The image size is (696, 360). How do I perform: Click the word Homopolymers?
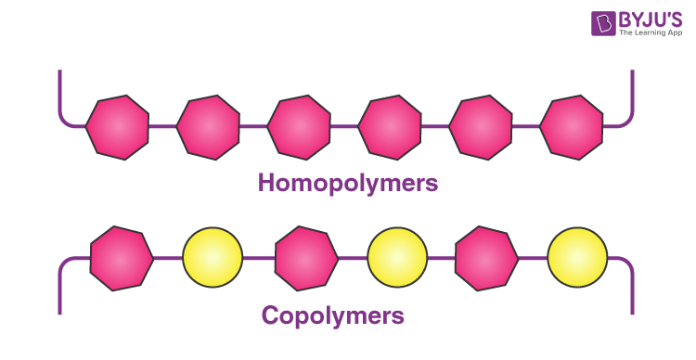point(347,183)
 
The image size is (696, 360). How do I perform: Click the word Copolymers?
point(333,315)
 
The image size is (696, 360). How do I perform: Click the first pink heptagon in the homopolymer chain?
point(117,126)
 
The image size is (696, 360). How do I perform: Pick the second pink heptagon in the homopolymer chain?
point(208,126)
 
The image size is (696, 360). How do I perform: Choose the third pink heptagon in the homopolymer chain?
point(299,126)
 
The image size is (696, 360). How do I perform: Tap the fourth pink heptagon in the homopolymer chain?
point(390,126)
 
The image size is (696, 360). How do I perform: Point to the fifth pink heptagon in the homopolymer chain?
point(481,126)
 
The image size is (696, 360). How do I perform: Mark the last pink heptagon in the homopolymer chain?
point(572,126)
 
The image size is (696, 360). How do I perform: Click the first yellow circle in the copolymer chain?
point(213,258)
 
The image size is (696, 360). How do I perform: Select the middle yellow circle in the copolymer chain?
point(397,258)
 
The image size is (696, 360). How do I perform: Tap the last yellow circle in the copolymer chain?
point(577,258)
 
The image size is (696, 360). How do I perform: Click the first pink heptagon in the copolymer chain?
point(122,258)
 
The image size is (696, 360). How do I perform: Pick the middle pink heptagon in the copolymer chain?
point(307,258)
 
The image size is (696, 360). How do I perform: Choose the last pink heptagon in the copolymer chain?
point(487,258)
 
